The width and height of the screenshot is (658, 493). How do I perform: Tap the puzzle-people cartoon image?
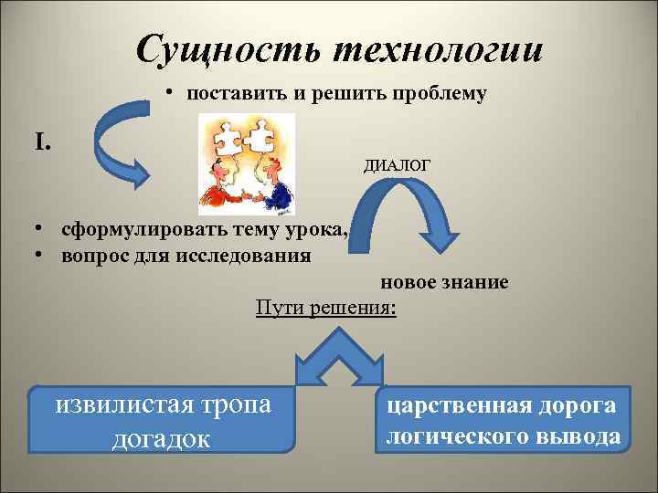coord(247,164)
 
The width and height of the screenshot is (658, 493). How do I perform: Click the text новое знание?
coord(444,283)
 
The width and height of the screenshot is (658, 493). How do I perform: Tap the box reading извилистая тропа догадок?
coord(164,419)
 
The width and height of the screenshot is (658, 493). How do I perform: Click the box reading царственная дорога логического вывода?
coord(502,420)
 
